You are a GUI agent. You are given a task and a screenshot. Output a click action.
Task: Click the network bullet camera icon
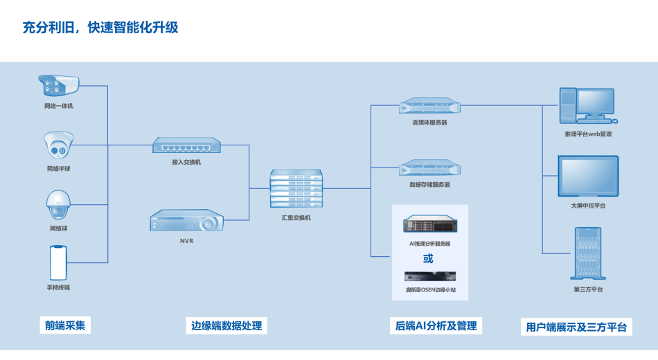click(58, 86)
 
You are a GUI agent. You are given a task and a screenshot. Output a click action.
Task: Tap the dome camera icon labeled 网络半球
click(58, 145)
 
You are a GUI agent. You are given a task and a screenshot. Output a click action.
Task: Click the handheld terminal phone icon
click(58, 262)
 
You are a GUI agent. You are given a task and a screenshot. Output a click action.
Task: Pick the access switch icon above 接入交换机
click(186, 145)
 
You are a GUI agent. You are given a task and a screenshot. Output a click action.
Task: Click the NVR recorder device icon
click(186, 222)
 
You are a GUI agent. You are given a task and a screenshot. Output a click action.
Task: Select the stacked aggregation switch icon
click(296, 188)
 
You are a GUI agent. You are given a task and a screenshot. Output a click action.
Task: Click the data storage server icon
click(429, 168)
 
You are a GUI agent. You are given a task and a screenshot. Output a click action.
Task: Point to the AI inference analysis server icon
click(429, 225)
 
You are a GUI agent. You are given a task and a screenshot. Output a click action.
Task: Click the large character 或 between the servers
click(428, 258)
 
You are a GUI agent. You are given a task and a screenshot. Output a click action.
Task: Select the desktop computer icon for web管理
click(587, 105)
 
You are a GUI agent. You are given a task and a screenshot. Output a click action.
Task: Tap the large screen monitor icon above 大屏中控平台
click(588, 177)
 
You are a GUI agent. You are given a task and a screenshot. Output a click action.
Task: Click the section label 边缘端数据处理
click(226, 325)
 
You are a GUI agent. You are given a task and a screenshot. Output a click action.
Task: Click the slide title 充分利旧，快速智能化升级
click(100, 28)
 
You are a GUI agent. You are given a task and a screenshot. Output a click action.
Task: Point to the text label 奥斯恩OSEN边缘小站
click(430, 289)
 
